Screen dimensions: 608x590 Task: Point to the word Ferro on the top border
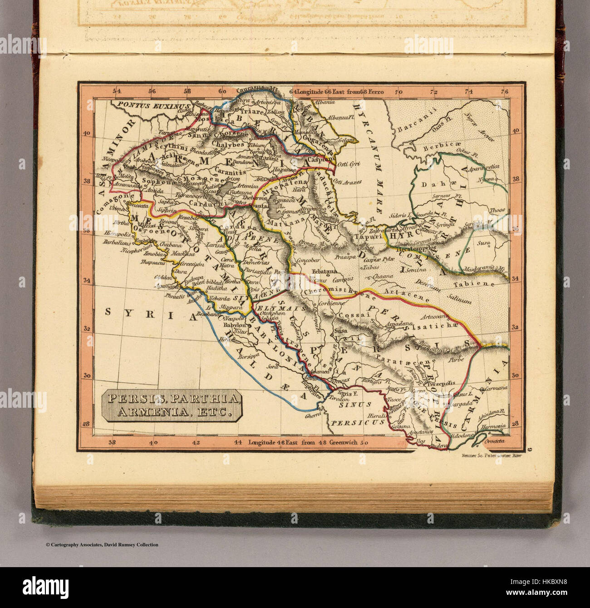(376, 91)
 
